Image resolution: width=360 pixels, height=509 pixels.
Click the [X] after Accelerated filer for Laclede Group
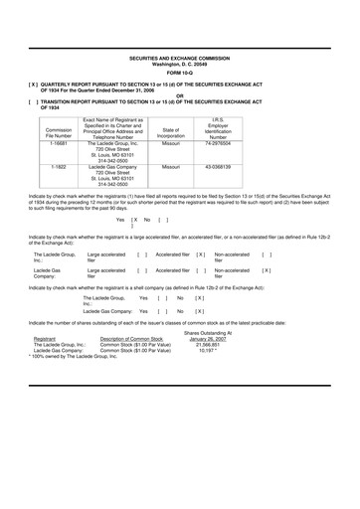point(200,255)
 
